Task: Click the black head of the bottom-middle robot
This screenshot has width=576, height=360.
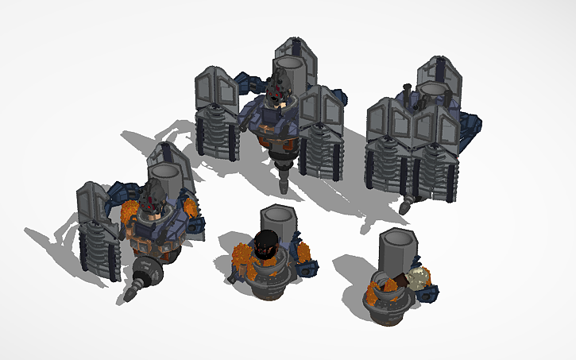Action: tap(266, 242)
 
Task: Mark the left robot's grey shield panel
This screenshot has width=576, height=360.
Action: tap(93, 203)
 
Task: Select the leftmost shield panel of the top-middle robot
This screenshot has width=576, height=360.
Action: tap(208, 88)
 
